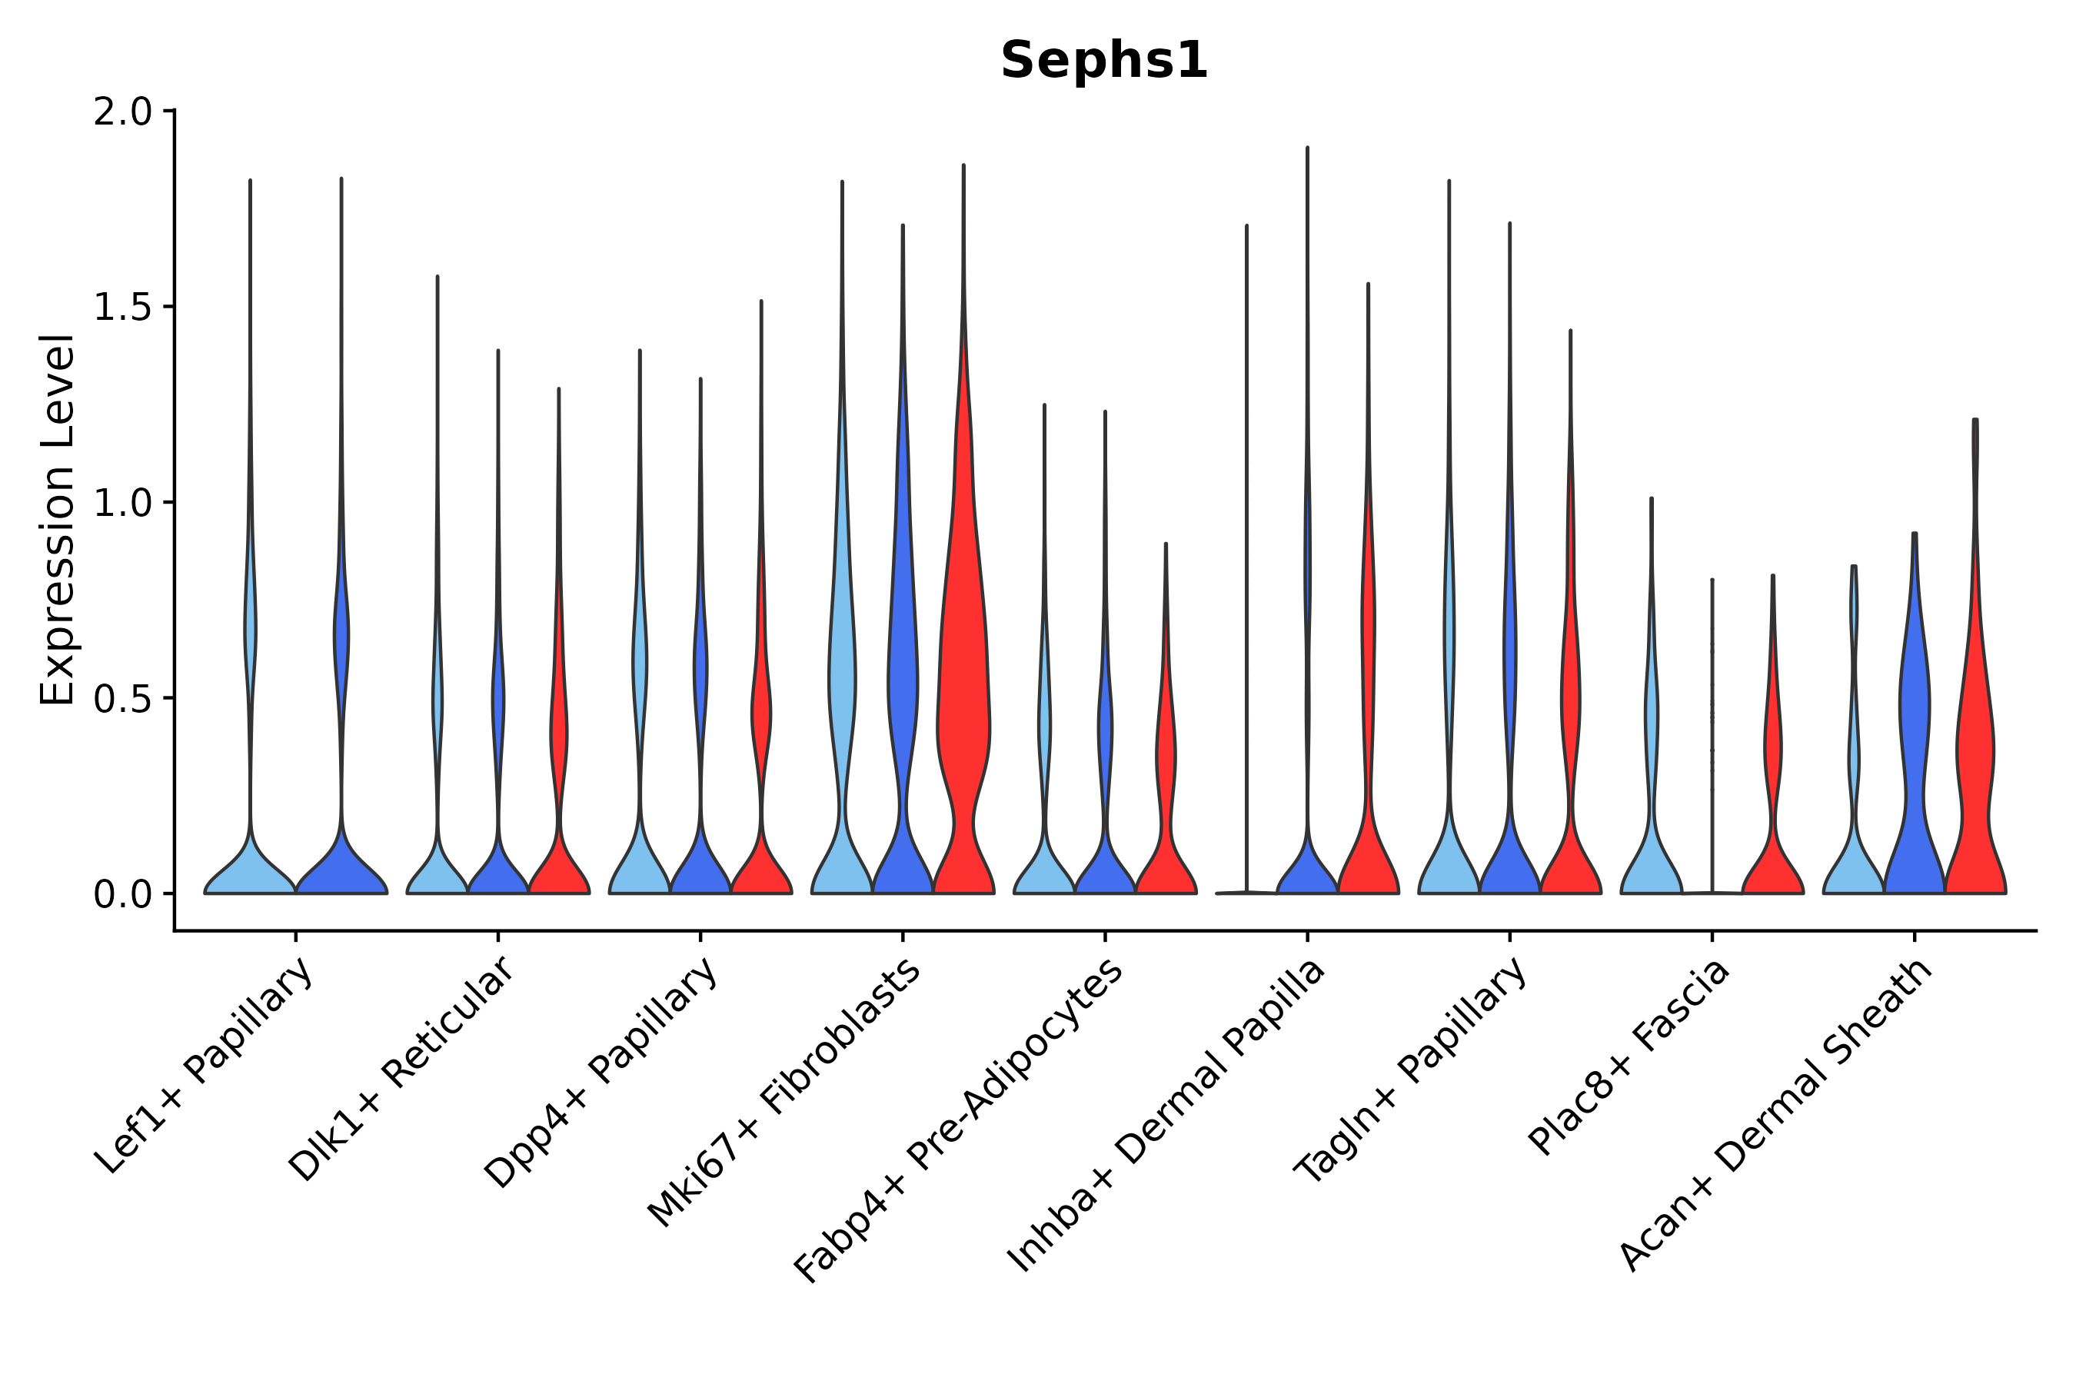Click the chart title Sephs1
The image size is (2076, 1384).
[1103, 62]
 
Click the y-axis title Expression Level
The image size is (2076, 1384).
[58, 520]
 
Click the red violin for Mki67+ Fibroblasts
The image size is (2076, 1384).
[964, 706]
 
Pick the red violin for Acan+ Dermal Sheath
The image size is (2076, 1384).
[1975, 750]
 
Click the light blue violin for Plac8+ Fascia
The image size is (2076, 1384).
[1652, 847]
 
